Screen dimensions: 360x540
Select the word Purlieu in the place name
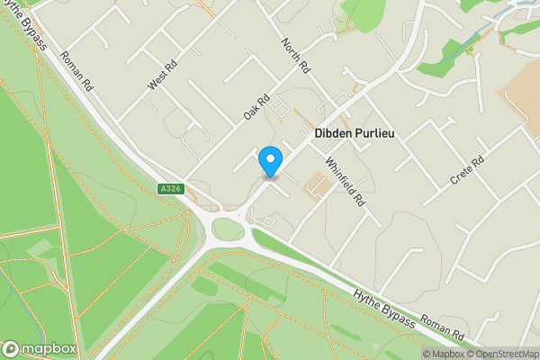[378, 133]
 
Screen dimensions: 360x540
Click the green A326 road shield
[169, 188]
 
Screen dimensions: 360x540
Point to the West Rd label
[158, 76]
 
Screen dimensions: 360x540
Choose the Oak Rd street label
[256, 111]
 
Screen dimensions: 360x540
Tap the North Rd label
[294, 56]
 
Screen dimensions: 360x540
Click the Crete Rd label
[467, 171]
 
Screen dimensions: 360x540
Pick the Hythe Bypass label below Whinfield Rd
[385, 309]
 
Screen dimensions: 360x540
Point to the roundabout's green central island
[228, 229]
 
